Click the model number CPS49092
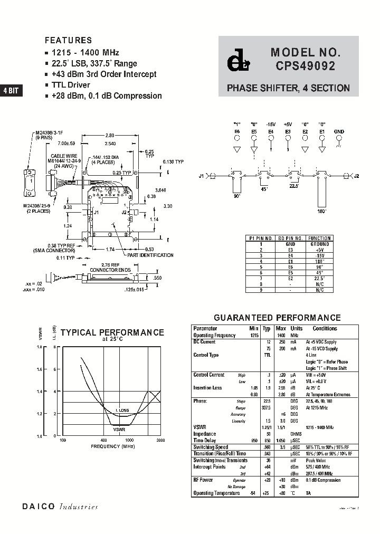(x=304, y=67)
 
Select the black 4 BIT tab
(x=11, y=90)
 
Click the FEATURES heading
(x=68, y=40)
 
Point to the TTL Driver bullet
(x=71, y=85)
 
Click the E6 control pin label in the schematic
(x=237, y=131)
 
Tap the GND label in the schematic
(x=339, y=131)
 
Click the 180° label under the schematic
(x=322, y=211)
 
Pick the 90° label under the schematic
(x=237, y=196)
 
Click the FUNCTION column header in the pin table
(x=320, y=239)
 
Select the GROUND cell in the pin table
(x=320, y=244)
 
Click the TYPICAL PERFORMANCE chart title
(x=112, y=332)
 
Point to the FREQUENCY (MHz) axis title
(x=112, y=446)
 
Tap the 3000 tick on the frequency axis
(x=160, y=440)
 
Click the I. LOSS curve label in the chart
(x=122, y=410)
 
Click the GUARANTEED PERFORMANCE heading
(x=277, y=318)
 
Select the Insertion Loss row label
(x=207, y=388)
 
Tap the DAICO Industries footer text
(x=60, y=506)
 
